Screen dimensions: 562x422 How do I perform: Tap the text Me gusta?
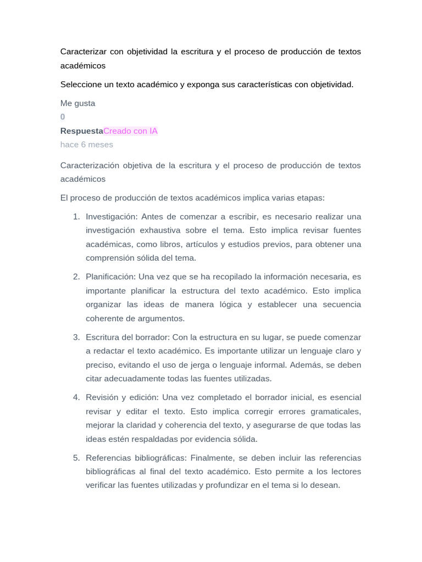point(77,103)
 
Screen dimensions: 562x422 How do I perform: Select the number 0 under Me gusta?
point(63,117)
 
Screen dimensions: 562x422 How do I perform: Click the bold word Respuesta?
point(81,131)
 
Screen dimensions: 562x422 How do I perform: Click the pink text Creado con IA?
point(130,131)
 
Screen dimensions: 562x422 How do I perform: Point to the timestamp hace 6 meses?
point(87,145)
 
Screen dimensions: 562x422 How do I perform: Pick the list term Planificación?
point(110,277)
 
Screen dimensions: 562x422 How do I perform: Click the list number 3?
point(76,337)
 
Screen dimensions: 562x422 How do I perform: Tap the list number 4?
point(76,397)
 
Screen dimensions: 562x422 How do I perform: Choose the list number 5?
point(76,458)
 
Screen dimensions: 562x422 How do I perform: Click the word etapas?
point(310,198)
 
